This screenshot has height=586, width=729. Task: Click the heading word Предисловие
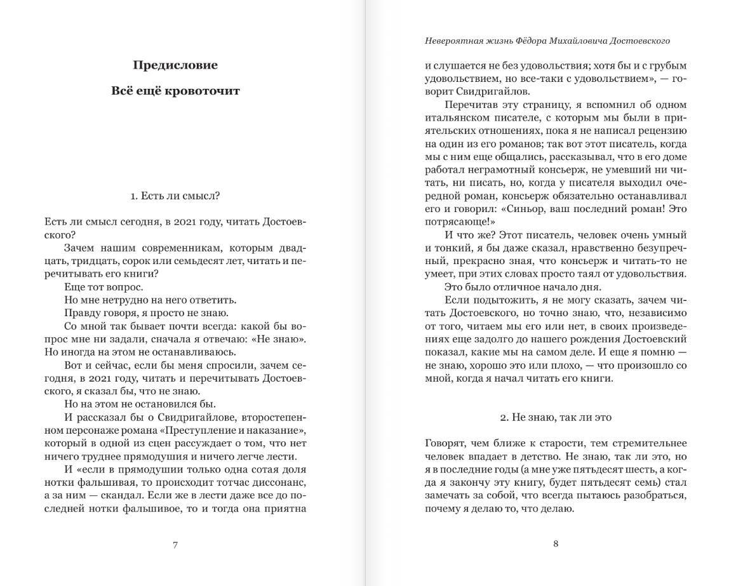[175, 65]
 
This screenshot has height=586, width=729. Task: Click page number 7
[175, 544]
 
